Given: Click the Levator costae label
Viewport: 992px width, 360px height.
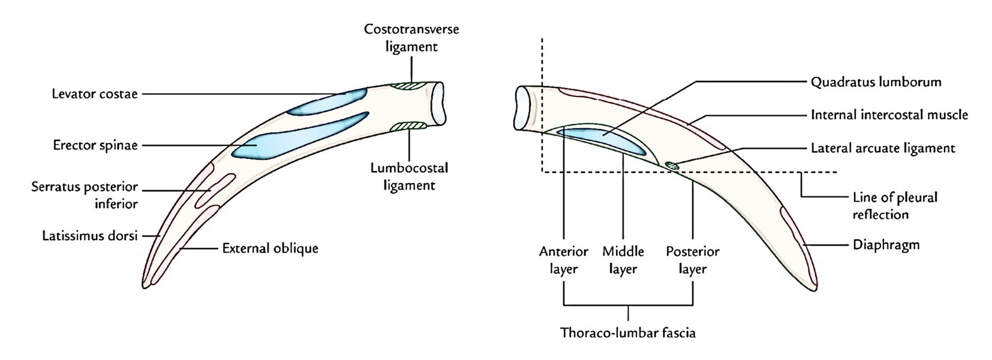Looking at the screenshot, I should (95, 94).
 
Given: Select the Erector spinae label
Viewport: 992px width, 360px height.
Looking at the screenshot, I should (95, 145).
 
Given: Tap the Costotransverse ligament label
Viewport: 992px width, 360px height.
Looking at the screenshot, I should (411, 38).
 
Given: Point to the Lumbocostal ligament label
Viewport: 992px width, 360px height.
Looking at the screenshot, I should (409, 176).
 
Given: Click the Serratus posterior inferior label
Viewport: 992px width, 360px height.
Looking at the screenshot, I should (85, 195).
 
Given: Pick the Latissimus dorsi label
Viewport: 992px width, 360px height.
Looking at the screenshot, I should (90, 236).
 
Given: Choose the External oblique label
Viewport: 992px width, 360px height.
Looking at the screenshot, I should (270, 248).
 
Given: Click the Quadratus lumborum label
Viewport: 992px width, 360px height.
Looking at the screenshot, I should (876, 82).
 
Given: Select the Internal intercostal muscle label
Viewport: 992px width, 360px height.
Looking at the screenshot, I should (889, 115).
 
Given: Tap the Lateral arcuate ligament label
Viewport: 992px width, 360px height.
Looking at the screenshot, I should (882, 148).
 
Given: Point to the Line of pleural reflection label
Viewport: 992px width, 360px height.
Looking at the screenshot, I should (894, 205).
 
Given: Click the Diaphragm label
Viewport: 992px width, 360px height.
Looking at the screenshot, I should (886, 245).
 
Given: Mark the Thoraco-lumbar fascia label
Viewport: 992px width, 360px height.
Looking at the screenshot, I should (628, 332).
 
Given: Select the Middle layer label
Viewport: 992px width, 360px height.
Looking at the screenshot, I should (623, 260).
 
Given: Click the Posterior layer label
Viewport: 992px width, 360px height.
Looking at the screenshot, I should (693, 260).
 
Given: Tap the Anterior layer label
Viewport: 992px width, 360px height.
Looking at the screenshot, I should (564, 260).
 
